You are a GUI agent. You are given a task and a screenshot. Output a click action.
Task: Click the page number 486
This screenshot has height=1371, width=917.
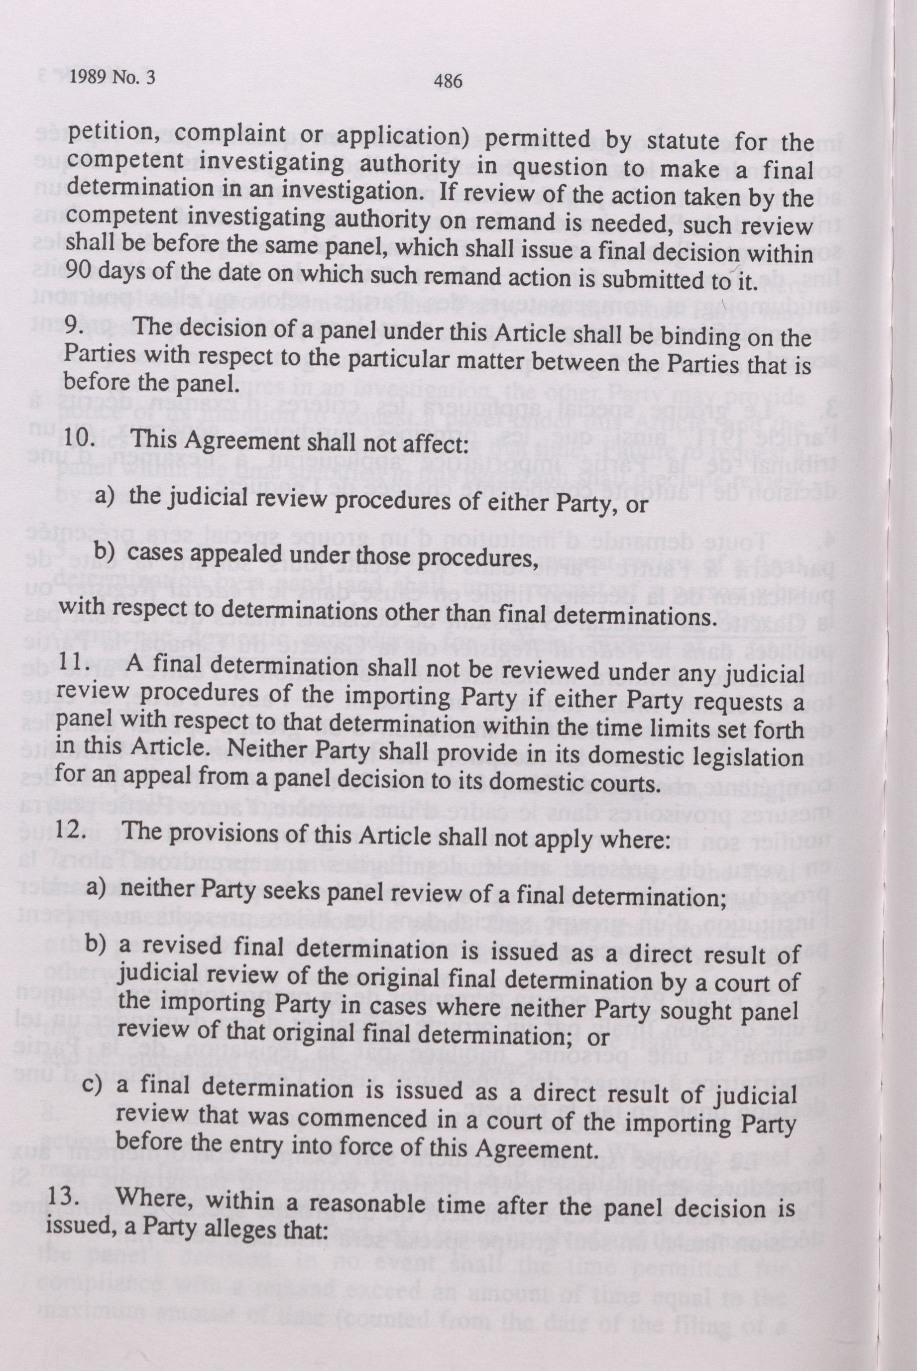pos(448,81)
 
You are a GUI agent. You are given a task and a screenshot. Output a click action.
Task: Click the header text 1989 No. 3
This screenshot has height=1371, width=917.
pos(113,78)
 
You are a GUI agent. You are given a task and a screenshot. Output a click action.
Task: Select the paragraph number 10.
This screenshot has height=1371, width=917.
pos(80,437)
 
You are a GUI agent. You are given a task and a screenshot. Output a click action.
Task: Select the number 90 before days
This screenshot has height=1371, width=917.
pos(76,270)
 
